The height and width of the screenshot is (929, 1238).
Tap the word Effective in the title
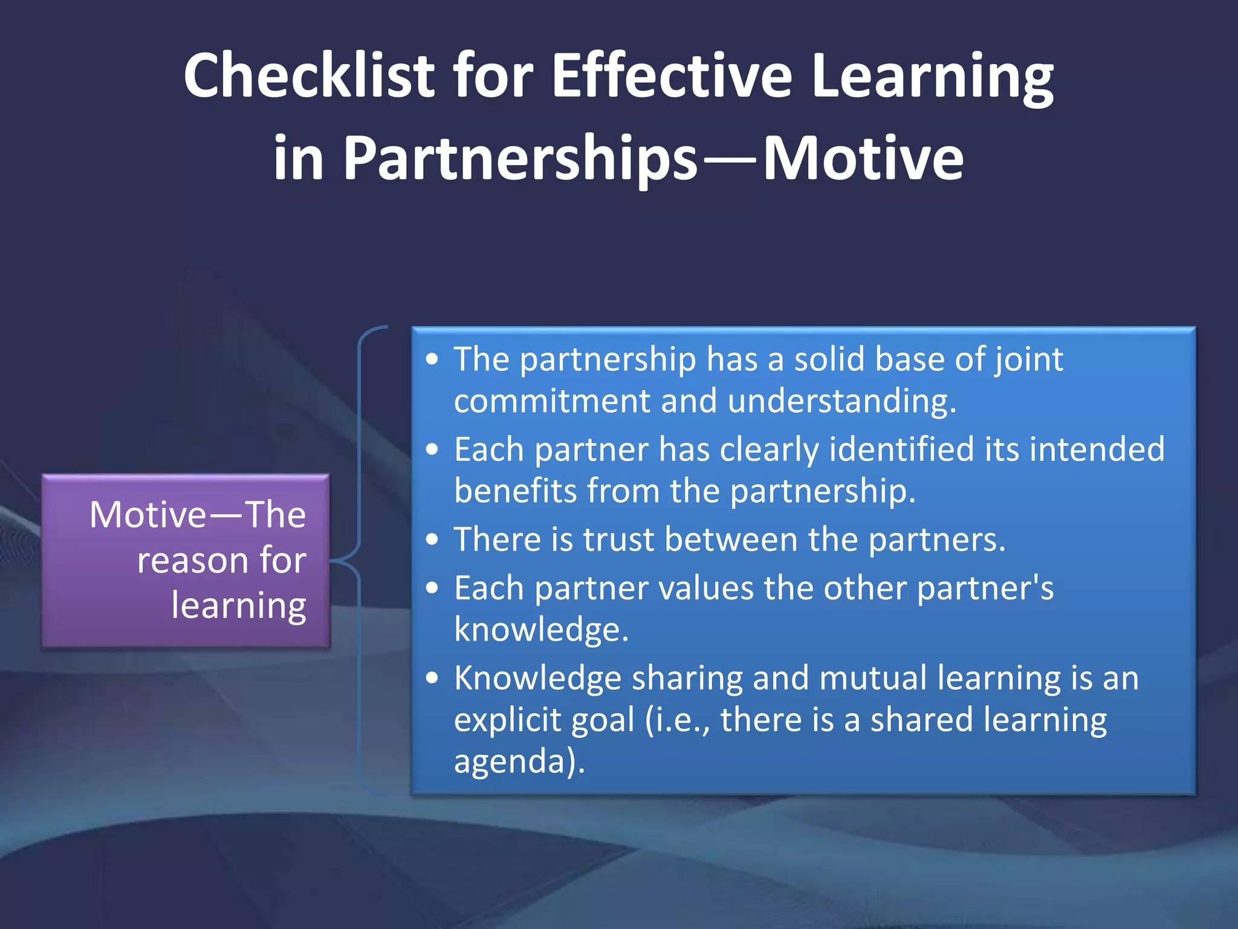coord(672,76)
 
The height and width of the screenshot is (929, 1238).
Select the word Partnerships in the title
coord(520,158)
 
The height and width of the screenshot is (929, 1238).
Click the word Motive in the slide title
coord(863,158)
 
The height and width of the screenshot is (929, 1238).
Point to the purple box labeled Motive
coord(186,561)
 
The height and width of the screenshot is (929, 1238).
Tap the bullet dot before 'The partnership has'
coord(432,359)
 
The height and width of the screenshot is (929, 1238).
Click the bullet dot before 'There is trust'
coord(432,539)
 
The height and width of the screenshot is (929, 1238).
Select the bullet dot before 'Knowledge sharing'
coord(432,677)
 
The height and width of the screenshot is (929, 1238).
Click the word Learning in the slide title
coord(933,76)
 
